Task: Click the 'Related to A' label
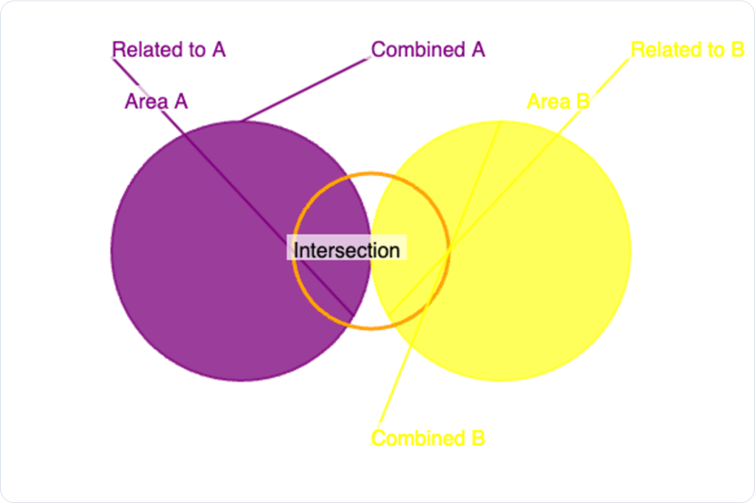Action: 169,50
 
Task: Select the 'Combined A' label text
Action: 428,50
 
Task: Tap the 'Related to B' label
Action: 688,50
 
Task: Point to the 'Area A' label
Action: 156,102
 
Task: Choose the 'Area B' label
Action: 559,102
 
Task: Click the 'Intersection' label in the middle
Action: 347,250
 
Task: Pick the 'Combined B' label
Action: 428,438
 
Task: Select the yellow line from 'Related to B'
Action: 509,187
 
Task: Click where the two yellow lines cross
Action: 450,250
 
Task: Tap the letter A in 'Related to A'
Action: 219,50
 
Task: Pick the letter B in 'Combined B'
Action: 478,438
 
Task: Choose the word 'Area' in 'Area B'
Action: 549,102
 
